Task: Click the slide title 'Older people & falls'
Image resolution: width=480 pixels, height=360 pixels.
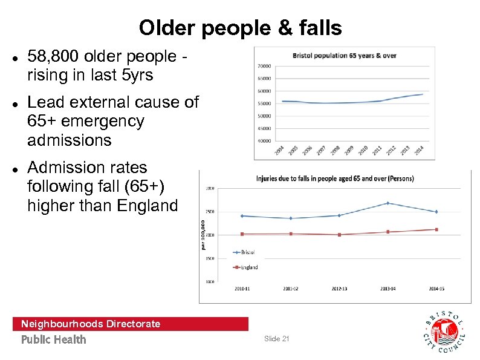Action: pyautogui.click(x=240, y=27)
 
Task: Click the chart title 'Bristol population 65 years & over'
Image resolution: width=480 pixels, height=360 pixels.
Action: pyautogui.click(x=345, y=56)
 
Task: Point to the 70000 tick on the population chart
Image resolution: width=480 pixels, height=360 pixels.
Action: pyautogui.click(x=264, y=66)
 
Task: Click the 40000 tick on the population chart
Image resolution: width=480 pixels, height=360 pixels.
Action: pyautogui.click(x=264, y=141)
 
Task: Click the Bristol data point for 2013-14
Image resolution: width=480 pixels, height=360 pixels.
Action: pyautogui.click(x=388, y=203)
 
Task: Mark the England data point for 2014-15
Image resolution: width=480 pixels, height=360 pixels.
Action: pyautogui.click(x=436, y=229)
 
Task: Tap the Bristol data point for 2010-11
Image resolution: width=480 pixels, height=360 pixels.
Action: pyautogui.click(x=242, y=215)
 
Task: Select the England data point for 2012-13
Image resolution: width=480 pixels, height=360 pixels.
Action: pyautogui.click(x=339, y=234)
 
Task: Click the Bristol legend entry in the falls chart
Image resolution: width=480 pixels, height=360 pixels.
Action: pyautogui.click(x=244, y=252)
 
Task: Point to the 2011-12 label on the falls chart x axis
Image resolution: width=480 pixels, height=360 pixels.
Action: pyautogui.click(x=291, y=289)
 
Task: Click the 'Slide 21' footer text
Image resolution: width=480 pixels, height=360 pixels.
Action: pyautogui.click(x=277, y=339)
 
